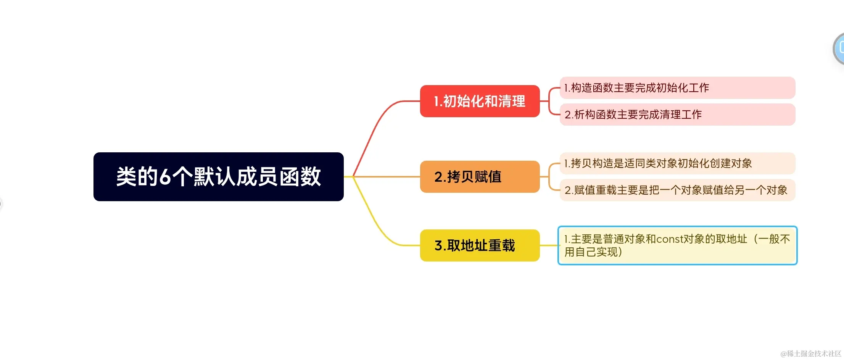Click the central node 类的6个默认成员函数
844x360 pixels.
218,177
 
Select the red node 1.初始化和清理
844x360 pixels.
480,101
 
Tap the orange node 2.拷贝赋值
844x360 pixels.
480,177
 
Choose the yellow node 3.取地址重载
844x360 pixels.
480,245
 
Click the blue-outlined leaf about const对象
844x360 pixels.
677,245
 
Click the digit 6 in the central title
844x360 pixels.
165,177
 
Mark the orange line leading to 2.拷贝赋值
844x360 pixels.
385,177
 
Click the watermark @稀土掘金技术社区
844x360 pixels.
811,354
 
